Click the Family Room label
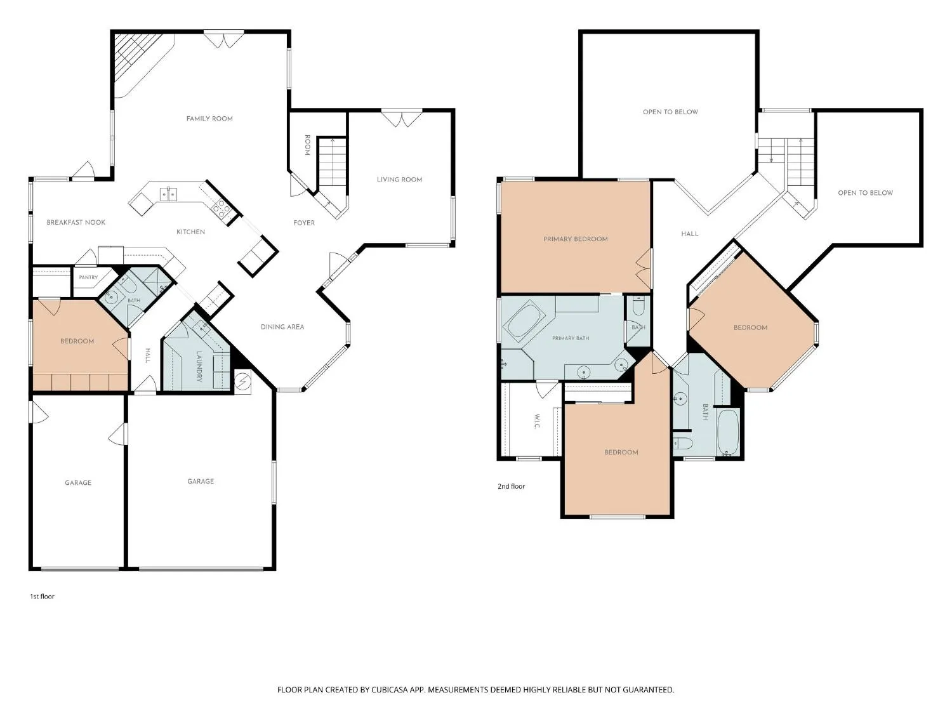point(209,119)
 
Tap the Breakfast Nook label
point(76,222)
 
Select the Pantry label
point(88,277)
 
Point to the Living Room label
point(399,180)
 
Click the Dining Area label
point(282,327)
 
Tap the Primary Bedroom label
point(576,239)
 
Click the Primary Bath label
point(571,338)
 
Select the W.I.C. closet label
point(537,421)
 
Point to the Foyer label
point(304,223)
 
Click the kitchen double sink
point(168,194)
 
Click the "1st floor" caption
point(42,597)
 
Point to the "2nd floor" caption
point(512,486)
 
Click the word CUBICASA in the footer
point(390,690)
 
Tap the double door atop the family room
point(224,39)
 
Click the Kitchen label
point(191,232)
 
